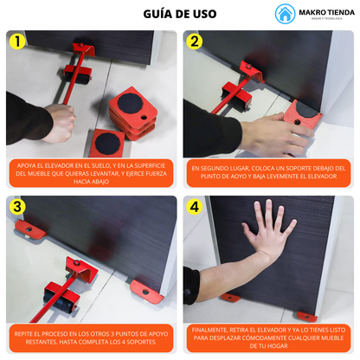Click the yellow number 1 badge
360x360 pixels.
coord(17,42)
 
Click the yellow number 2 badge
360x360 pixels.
coord(195,42)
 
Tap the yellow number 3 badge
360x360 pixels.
coord(17,207)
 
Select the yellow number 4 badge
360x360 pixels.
coord(195,207)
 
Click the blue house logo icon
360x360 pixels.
coord(285,14)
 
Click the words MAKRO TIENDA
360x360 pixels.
coord(326,13)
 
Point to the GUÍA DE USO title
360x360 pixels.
coord(180,14)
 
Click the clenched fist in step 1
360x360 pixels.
coord(60,123)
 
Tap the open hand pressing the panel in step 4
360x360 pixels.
coord(267,227)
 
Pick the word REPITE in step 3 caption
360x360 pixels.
coord(23,334)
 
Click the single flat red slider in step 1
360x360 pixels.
coord(107,143)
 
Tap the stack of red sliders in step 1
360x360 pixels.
coord(133,113)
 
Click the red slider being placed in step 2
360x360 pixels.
coord(302,113)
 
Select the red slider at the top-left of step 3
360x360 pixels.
coord(31,228)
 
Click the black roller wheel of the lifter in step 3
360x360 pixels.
coord(60,302)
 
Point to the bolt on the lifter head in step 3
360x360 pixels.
coord(77,262)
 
